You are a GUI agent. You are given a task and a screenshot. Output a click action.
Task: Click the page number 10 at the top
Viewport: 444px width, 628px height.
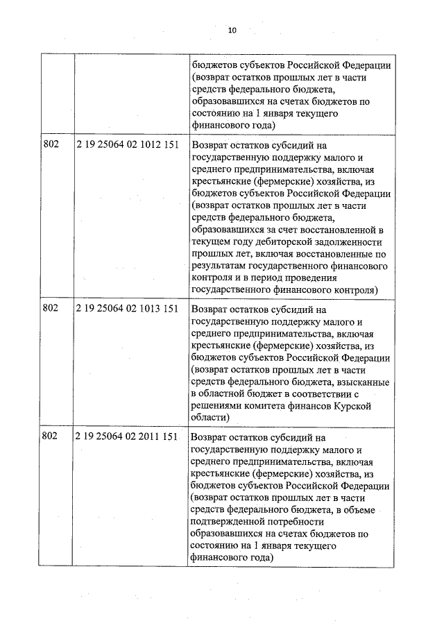232,31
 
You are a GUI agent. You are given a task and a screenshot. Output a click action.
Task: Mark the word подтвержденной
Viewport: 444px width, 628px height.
232,523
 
